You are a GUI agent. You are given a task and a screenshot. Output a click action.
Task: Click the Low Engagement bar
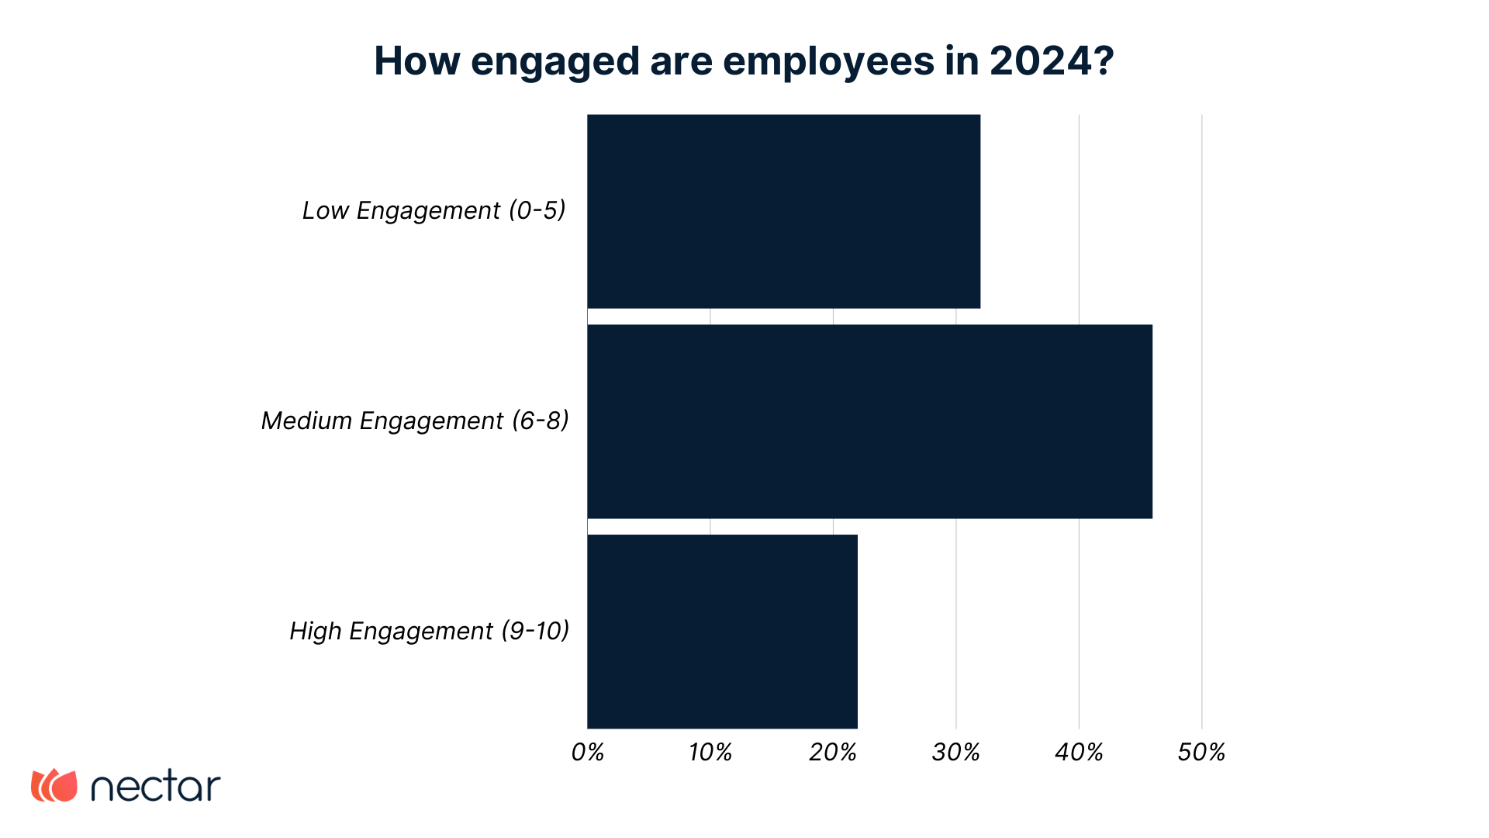point(783,211)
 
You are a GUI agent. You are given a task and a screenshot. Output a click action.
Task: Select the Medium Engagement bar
point(869,421)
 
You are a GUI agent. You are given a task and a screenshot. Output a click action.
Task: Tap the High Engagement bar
point(722,632)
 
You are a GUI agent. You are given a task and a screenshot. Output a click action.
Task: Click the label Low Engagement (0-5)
point(434,210)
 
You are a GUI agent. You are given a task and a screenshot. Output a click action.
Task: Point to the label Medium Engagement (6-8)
point(415,421)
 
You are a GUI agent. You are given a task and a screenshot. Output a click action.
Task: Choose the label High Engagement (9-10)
point(429,631)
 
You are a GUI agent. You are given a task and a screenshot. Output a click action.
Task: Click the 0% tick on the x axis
point(587,752)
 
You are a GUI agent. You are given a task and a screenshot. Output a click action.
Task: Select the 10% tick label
point(710,752)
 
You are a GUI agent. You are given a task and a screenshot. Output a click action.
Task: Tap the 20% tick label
point(833,752)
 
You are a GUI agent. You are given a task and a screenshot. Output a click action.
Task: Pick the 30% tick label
point(955,752)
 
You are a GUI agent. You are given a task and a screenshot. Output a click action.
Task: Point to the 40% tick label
point(1079,752)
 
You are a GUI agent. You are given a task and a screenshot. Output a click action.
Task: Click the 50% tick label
point(1201,752)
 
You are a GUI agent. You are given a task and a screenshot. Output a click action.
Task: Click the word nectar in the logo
point(156,788)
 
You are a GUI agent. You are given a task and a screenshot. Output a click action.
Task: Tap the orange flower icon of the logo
point(54,785)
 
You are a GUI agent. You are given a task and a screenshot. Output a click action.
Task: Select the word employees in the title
point(828,62)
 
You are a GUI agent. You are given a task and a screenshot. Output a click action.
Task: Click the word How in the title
point(417,61)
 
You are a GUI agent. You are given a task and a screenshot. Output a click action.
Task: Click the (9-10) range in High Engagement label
point(535,631)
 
